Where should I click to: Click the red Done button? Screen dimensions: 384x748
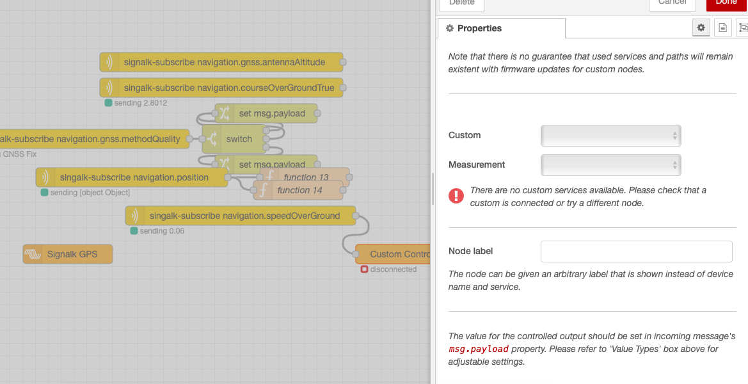(727, 3)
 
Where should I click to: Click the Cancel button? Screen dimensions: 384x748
(672, 3)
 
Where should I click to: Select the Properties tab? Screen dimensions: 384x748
(501, 28)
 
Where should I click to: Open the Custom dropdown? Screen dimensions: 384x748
(610, 136)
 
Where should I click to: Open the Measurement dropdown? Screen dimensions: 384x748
(610, 165)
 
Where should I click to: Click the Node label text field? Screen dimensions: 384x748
(636, 252)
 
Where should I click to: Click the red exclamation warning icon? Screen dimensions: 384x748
(456, 195)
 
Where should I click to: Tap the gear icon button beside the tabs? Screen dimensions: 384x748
(701, 28)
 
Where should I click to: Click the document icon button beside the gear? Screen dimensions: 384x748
(722, 28)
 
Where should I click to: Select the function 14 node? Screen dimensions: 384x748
(298, 190)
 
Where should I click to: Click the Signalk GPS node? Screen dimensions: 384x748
(67, 254)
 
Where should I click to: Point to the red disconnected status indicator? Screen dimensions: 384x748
(364, 269)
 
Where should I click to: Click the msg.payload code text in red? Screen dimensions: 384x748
(479, 349)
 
